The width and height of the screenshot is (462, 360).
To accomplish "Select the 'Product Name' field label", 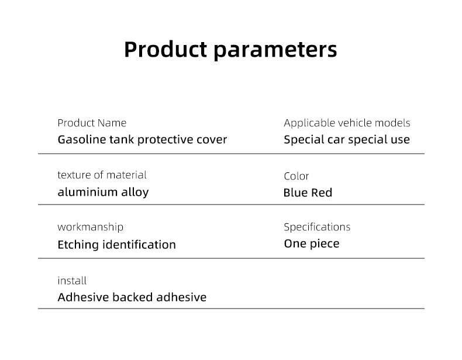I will (92, 123).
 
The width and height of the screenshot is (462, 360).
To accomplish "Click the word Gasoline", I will (82, 140).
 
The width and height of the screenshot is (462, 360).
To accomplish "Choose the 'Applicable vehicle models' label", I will (347, 123).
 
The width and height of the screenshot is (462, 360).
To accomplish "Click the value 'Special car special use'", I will (347, 140).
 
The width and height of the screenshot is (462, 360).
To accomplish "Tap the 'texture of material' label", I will (102, 175).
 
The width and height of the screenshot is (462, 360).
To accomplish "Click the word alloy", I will (134, 192).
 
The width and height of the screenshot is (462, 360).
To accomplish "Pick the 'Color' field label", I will (296, 176).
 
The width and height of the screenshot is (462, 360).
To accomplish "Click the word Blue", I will (295, 193).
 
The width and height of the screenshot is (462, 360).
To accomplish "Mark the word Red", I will (321, 193).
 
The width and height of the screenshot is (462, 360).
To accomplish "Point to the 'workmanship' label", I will (90, 227).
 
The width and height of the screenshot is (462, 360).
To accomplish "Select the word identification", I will (139, 244).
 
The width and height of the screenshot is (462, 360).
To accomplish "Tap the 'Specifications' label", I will (317, 227).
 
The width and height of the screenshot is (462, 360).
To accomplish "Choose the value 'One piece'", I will (312, 243).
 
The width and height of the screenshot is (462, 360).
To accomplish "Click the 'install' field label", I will (72, 281).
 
